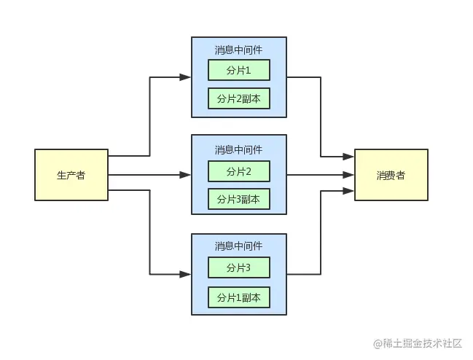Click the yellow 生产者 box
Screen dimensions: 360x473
click(71, 175)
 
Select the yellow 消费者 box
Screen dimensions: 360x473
click(391, 175)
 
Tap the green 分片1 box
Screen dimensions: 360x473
click(239, 70)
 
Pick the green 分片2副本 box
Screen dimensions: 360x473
click(239, 99)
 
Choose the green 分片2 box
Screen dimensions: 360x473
click(239, 171)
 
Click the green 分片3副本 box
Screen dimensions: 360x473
click(239, 199)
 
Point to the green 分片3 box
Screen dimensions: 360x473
click(239, 268)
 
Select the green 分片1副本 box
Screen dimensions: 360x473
click(239, 297)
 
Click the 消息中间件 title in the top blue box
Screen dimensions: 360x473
click(239, 50)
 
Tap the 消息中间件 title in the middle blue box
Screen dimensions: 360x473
click(239, 149)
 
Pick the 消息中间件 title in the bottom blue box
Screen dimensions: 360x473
click(239, 246)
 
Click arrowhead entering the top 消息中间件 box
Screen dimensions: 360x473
click(186, 77)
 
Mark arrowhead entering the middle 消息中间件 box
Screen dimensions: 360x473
click(186, 175)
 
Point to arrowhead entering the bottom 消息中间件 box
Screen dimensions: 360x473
click(186, 274)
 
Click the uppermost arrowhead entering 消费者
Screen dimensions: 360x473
click(350, 157)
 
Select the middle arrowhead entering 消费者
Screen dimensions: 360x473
click(350, 175)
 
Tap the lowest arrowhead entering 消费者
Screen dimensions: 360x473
click(350, 191)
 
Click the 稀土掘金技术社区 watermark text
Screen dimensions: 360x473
click(421, 343)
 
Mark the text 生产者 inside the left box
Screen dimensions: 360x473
click(71, 176)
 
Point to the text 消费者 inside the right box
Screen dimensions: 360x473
click(391, 176)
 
